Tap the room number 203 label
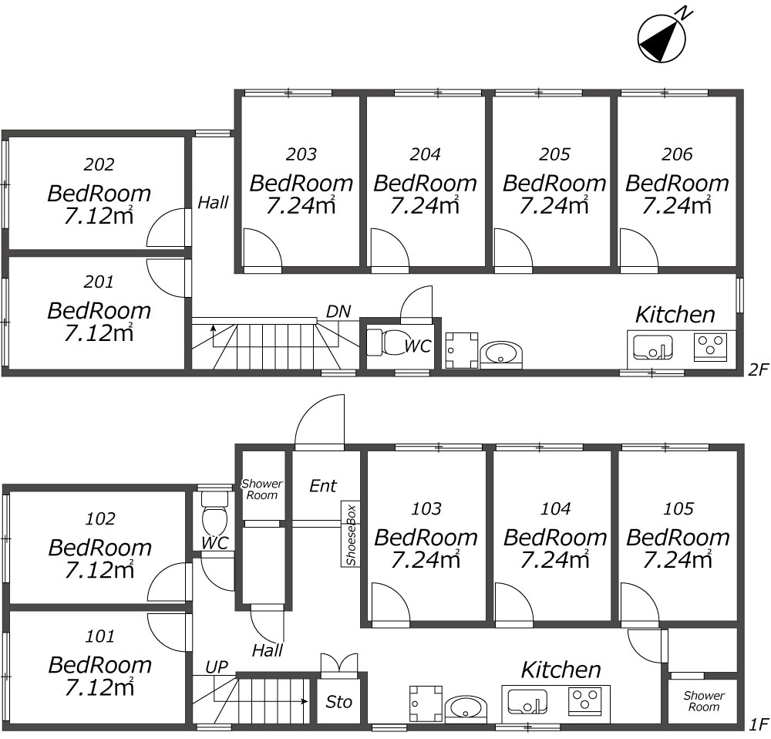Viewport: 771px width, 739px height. pyautogui.click(x=301, y=154)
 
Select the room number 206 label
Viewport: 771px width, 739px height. pyautogui.click(x=677, y=154)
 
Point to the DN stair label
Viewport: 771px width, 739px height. pyautogui.click(x=338, y=312)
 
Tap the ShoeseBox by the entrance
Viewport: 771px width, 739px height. pyautogui.click(x=352, y=535)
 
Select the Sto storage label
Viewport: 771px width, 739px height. pyautogui.click(x=338, y=702)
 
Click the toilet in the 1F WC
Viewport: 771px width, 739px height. pyautogui.click(x=213, y=512)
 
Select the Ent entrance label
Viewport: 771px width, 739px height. pyautogui.click(x=323, y=486)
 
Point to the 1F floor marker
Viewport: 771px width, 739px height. pyautogui.click(x=759, y=725)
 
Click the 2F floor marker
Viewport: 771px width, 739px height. pyautogui.click(x=759, y=369)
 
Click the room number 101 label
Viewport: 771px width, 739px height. pyautogui.click(x=100, y=636)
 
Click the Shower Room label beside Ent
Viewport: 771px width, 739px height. pyautogui.click(x=262, y=489)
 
